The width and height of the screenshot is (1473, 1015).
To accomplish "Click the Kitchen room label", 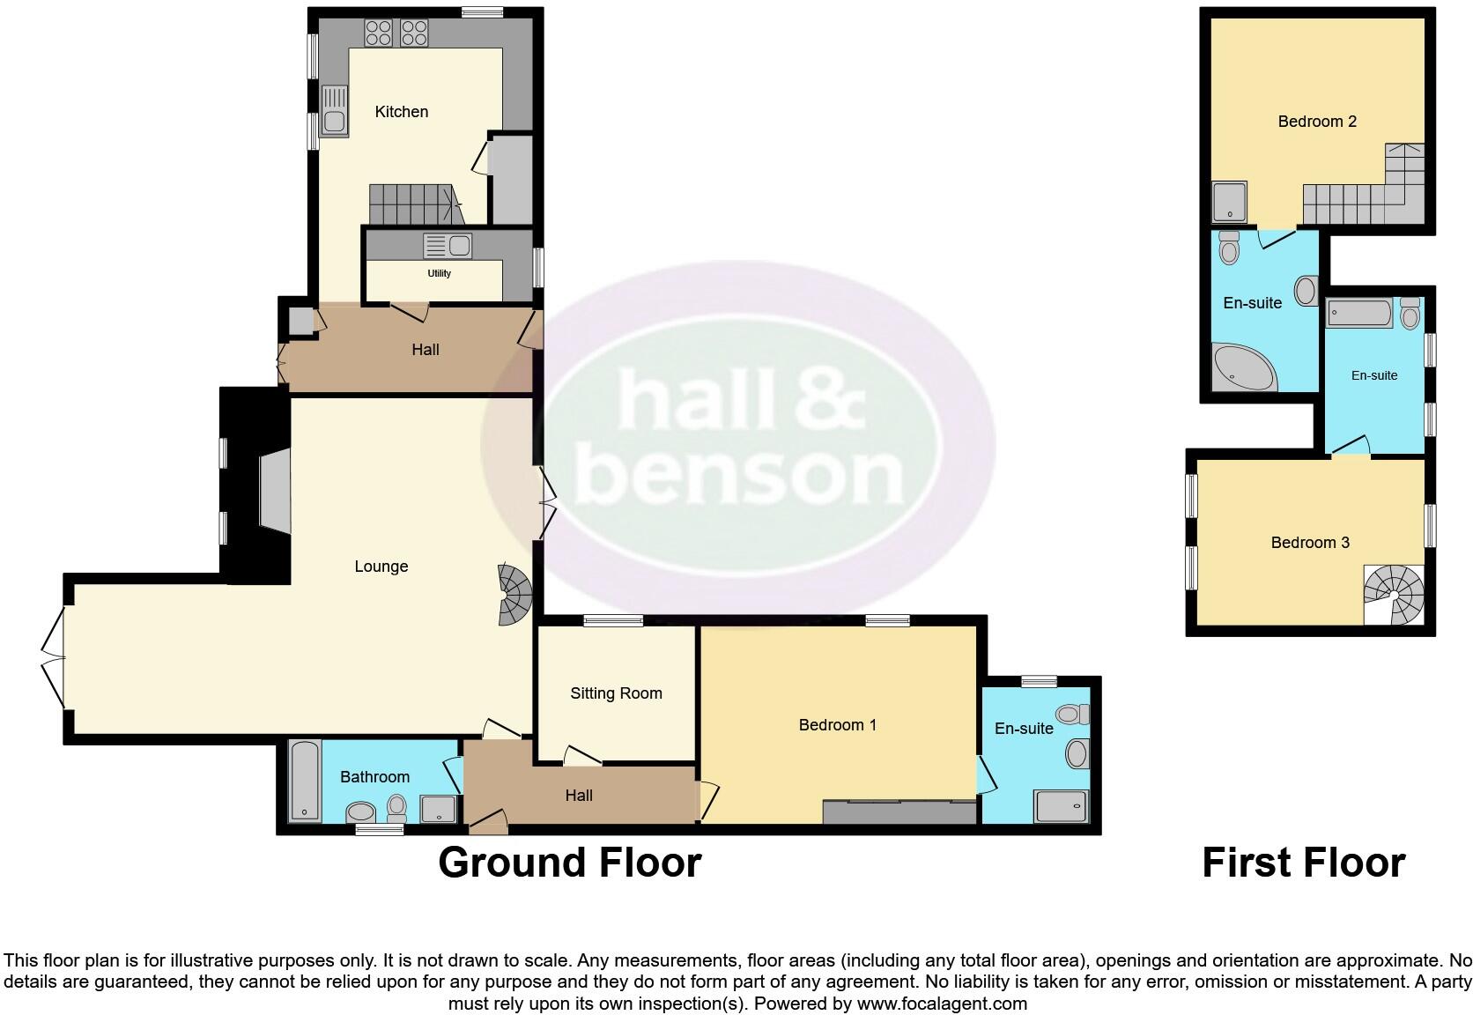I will [x=401, y=112].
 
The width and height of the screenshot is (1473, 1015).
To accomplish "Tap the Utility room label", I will [x=439, y=273].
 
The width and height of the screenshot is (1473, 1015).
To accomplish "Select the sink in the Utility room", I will [x=448, y=246].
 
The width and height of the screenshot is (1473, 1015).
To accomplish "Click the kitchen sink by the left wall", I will [x=334, y=110].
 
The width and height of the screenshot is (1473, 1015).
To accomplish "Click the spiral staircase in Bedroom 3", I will [x=1394, y=595].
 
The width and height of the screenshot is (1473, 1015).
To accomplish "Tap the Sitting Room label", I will [x=616, y=693].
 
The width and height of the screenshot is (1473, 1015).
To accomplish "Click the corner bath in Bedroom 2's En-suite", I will [x=1242, y=368].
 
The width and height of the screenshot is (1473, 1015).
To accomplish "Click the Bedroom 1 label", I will [x=837, y=725].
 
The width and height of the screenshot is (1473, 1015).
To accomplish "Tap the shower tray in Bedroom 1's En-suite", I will [x=1061, y=806].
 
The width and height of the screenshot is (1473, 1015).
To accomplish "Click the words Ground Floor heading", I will [x=569, y=863].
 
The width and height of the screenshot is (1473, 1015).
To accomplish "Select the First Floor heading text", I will [x=1303, y=863].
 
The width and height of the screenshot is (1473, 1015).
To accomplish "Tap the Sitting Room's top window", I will [x=613, y=621].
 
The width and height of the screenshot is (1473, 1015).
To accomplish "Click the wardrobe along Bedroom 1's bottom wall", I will [x=899, y=812].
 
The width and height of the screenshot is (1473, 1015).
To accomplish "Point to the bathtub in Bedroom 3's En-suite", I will [x=1358, y=313].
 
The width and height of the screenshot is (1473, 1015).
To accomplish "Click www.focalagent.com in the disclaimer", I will [x=942, y=1004].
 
